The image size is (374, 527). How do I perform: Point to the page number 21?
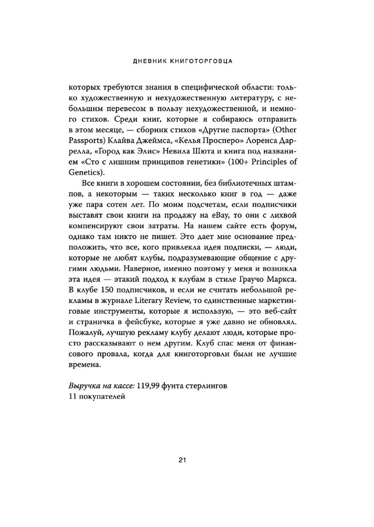tap(183, 460)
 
